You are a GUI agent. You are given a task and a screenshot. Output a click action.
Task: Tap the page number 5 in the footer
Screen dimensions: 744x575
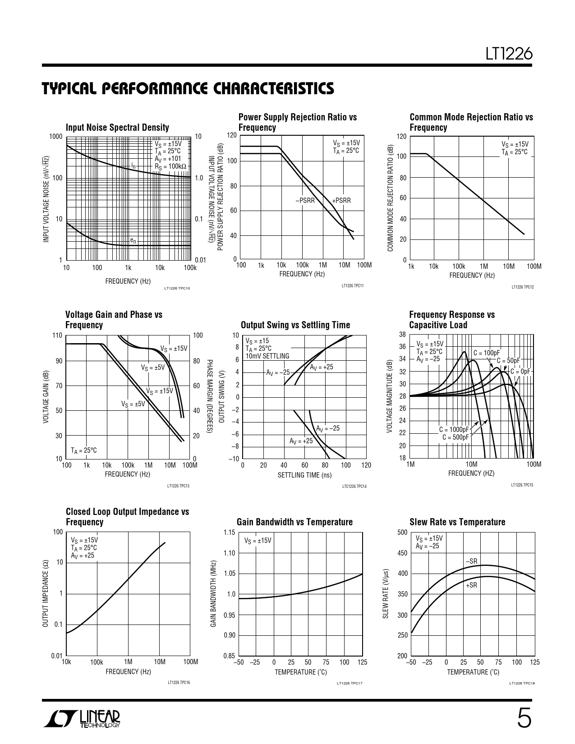(524, 719)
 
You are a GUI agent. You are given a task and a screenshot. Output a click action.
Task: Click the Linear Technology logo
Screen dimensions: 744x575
(82, 719)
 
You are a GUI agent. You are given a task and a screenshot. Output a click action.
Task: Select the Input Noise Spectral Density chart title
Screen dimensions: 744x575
(117, 128)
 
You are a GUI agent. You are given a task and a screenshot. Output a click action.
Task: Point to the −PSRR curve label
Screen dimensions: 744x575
(305, 201)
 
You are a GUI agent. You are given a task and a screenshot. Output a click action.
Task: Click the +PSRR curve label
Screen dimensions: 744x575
(341, 201)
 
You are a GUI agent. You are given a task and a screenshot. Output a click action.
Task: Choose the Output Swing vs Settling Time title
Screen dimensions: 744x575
(295, 325)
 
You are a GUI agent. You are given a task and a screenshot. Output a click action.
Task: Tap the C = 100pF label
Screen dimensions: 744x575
(487, 353)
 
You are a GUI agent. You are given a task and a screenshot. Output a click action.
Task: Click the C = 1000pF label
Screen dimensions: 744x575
(454, 430)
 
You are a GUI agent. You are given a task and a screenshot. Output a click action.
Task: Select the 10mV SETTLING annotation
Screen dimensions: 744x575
(267, 356)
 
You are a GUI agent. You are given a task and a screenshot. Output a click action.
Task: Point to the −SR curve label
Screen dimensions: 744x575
(471, 561)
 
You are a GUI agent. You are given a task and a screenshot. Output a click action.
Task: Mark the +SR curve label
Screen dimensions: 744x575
(471, 585)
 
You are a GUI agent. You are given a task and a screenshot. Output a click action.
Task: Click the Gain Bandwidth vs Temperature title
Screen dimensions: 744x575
(294, 522)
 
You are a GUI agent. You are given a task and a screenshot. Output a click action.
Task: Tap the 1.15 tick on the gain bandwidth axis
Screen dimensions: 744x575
(230, 533)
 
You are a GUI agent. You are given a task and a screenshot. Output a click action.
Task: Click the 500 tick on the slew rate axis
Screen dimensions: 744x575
(402, 533)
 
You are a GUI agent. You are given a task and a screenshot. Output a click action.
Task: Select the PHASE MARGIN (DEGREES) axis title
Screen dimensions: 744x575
(209, 397)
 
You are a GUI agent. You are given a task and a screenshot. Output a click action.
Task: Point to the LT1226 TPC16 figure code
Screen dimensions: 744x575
(179, 683)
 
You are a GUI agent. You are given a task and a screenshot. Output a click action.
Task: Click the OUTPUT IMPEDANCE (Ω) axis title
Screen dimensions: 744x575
(45, 593)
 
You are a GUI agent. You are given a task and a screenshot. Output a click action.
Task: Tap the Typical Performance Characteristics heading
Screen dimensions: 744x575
(188, 88)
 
